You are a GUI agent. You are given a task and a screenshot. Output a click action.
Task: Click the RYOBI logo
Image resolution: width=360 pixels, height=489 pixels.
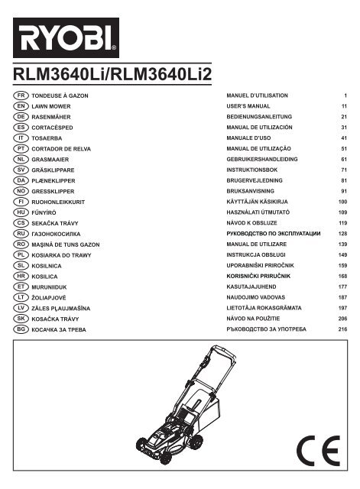point(66,37)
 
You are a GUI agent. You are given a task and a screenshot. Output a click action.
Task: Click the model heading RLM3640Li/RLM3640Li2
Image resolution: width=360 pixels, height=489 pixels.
point(112,74)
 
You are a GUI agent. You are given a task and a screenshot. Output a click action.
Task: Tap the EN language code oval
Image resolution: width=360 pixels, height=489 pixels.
point(21,106)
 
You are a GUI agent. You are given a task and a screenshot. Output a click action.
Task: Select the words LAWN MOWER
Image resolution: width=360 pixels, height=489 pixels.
point(51,106)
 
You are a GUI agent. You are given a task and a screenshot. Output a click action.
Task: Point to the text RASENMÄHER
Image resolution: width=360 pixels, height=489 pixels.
point(51,117)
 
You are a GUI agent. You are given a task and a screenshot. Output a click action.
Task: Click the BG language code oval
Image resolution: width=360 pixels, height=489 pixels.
point(21,329)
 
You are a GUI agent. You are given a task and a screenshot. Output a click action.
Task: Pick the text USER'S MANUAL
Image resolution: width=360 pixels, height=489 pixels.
point(248,106)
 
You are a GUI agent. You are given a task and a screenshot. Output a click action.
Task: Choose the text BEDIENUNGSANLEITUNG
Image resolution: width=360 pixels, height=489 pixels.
point(259,117)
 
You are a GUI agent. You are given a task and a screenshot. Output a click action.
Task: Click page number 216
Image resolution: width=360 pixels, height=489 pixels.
point(342,329)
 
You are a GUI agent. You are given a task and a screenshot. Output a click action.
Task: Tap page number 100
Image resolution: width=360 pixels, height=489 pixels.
point(342,202)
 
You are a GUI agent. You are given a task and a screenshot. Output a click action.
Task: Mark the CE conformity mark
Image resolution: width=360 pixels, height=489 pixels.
point(318,451)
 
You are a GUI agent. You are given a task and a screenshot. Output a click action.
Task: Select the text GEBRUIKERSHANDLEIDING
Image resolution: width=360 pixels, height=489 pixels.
point(262,159)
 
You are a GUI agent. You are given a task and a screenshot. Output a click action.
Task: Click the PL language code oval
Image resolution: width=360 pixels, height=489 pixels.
point(21,254)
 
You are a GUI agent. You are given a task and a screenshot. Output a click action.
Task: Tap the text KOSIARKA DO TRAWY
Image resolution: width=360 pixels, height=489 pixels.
point(61,255)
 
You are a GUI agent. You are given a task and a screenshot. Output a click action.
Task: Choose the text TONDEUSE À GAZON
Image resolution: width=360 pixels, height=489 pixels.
point(60,96)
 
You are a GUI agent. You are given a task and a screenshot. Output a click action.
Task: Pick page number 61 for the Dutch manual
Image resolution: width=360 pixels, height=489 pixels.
point(344,160)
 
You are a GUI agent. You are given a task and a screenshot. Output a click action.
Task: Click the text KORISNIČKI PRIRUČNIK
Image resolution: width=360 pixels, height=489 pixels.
point(258,276)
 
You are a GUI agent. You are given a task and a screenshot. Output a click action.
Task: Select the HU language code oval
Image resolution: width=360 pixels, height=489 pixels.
point(21,212)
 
